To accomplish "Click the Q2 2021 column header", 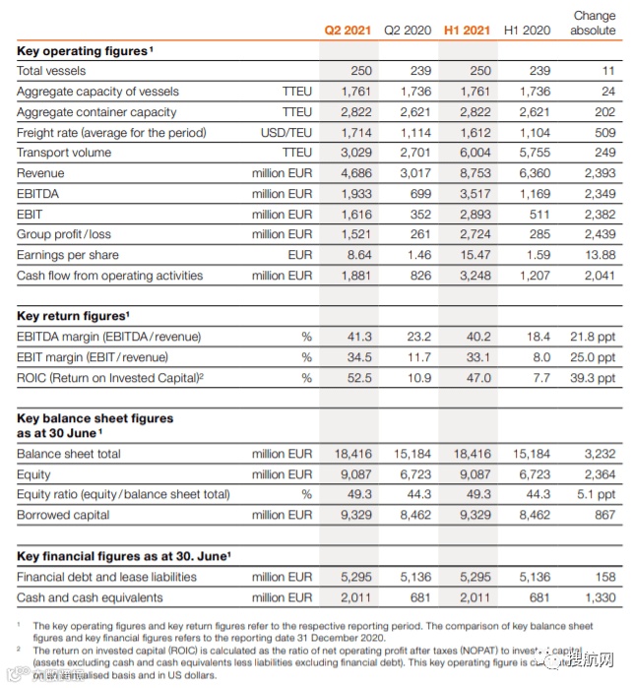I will (348, 31).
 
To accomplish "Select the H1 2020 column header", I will (527, 31).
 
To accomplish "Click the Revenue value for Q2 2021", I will (354, 173).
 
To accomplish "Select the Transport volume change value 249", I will (604, 153).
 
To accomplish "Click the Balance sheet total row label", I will (69, 454).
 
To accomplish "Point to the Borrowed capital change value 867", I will (604, 515).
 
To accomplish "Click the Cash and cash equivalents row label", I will (90, 597).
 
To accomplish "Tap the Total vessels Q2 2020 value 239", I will (419, 71).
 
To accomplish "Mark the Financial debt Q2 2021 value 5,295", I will (354, 577).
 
